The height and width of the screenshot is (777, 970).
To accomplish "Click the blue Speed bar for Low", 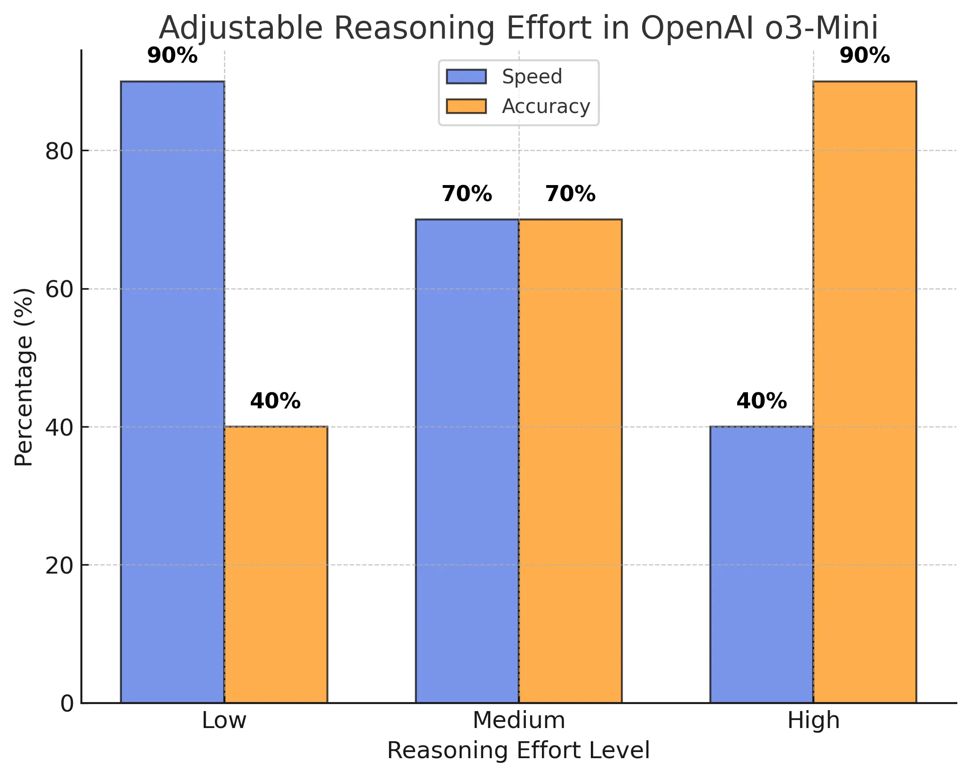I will click(x=172, y=392).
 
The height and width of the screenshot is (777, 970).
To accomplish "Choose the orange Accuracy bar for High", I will click(x=865, y=392).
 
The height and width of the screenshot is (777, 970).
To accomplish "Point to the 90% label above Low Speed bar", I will click(x=172, y=57).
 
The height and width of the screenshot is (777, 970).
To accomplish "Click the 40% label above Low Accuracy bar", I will click(x=275, y=402).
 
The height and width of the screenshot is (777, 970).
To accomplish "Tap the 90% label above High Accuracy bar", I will click(x=865, y=57).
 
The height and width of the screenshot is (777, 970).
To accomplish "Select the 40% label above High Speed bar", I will click(x=762, y=402).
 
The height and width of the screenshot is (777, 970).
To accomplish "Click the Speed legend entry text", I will click(x=532, y=77).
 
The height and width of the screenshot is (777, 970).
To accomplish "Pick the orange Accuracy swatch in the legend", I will click(x=466, y=106).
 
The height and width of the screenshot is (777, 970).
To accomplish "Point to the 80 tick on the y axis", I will click(x=60, y=152).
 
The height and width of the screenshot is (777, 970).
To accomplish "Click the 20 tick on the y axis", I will click(x=60, y=566).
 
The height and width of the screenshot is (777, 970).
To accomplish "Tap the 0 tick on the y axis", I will click(x=67, y=704).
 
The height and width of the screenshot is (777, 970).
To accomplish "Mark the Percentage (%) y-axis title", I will click(x=24, y=377).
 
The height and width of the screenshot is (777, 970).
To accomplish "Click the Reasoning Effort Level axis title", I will click(x=518, y=751).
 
